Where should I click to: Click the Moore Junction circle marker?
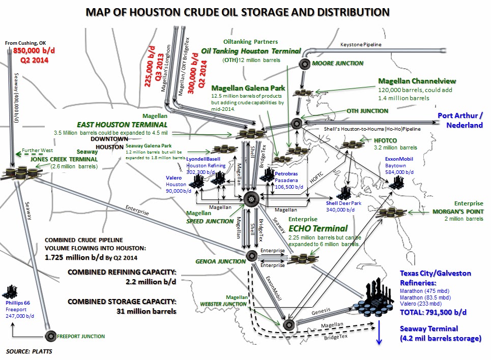[x=304, y=64]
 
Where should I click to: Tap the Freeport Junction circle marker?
[x=51, y=336]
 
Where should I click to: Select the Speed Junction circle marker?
[x=251, y=199]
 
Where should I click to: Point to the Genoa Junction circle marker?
[x=250, y=255]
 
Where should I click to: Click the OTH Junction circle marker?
[x=297, y=123]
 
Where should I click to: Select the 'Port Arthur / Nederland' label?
[x=460, y=120]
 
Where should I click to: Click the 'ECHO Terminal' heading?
[x=318, y=228]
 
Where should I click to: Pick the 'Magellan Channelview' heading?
[x=417, y=81]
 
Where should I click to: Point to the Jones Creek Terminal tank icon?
[x=22, y=172]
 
